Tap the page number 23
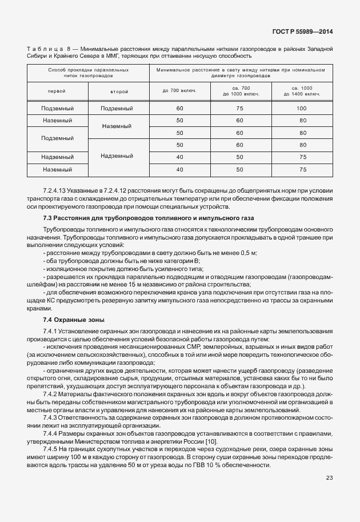coord(329,494)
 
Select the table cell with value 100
coord(302,108)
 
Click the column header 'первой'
coord(57,91)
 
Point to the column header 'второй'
coord(117,91)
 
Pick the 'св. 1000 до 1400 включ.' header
coord(302,91)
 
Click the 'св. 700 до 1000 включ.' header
coord(240,91)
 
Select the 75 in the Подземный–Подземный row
coord(240,108)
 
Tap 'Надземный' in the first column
coord(57,157)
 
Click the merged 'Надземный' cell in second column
coord(117,157)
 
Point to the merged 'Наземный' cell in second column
coord(117,126)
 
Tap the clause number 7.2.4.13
coord(54,189)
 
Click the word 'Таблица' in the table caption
coord(41,49)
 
